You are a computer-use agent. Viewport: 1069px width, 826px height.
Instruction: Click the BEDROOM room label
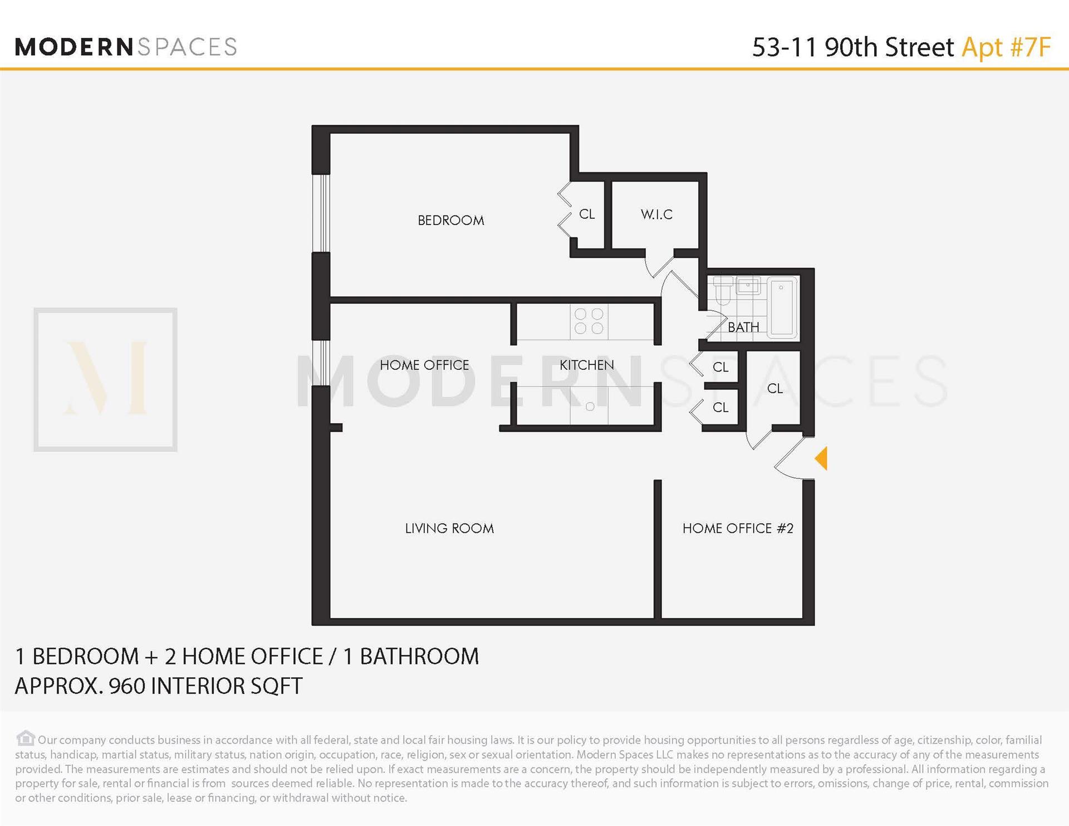tap(450, 220)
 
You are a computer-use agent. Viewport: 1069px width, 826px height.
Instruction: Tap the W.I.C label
tap(656, 214)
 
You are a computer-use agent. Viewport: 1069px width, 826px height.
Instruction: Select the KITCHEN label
tap(586, 365)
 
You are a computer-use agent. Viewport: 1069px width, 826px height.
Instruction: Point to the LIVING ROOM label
tap(449, 528)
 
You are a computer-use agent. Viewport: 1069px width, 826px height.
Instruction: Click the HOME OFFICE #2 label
tap(738, 528)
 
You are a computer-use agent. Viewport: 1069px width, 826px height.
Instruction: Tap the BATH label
tap(743, 327)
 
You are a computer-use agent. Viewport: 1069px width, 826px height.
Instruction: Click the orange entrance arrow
tap(821, 458)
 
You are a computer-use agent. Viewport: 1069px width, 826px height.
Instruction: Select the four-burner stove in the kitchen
tap(589, 321)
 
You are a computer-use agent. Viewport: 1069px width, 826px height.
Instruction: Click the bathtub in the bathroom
tap(782, 307)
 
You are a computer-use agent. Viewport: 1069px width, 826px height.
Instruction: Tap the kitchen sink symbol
tap(590, 407)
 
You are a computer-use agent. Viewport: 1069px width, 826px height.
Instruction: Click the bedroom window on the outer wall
tap(321, 213)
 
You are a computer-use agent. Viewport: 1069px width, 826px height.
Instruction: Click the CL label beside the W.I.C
tap(587, 214)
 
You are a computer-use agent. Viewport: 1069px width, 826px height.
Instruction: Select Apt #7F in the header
tap(1006, 47)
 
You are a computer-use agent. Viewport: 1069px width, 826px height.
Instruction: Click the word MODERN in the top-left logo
tap(73, 47)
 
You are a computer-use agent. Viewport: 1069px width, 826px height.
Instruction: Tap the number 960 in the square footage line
tap(128, 686)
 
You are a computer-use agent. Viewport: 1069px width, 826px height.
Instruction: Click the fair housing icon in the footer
tap(25, 739)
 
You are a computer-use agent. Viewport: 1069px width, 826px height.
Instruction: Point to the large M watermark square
tap(105, 379)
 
